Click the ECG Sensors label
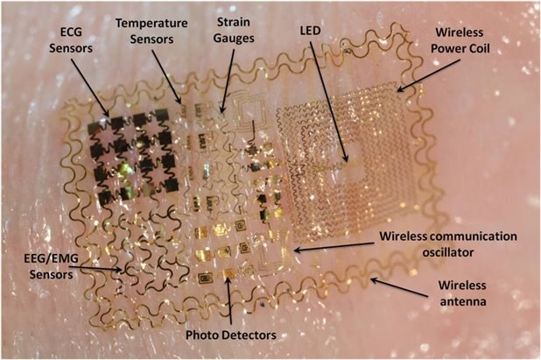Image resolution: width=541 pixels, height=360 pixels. [71, 40]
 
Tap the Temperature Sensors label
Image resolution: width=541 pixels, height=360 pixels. [151, 31]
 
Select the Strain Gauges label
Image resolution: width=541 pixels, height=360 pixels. [234, 31]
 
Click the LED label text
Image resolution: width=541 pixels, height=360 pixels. [311, 31]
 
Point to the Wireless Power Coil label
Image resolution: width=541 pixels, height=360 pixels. [460, 40]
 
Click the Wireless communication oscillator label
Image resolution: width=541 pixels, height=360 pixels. [448, 244]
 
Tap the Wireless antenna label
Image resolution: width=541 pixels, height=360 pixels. [462, 293]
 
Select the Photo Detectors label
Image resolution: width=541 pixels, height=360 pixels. [231, 335]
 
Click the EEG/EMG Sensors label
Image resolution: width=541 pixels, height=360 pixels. [51, 266]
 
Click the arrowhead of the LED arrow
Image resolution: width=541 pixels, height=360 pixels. [346, 159]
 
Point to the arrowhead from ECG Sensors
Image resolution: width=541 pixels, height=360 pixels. [106, 113]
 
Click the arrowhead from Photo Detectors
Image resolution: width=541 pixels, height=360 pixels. [227, 279]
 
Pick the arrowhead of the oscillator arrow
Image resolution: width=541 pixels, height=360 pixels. [298, 250]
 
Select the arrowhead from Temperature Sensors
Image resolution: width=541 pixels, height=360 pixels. [179, 100]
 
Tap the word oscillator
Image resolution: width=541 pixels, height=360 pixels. [448, 252]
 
